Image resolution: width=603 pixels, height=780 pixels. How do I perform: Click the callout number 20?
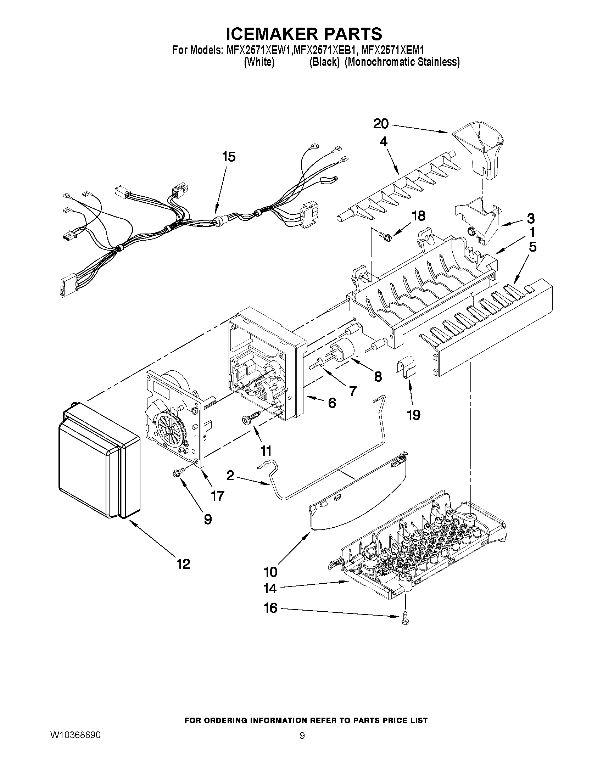pyautogui.click(x=381, y=124)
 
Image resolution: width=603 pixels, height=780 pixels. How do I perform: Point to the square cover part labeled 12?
pyautogui.click(x=98, y=461)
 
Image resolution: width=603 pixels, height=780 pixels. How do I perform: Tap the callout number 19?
pyautogui.click(x=413, y=415)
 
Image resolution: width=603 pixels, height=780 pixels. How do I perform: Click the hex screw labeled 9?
pyautogui.click(x=178, y=472)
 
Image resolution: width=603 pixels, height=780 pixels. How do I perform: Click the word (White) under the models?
pyautogui.click(x=259, y=62)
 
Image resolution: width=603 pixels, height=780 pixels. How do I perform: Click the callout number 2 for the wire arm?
pyautogui.click(x=230, y=475)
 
